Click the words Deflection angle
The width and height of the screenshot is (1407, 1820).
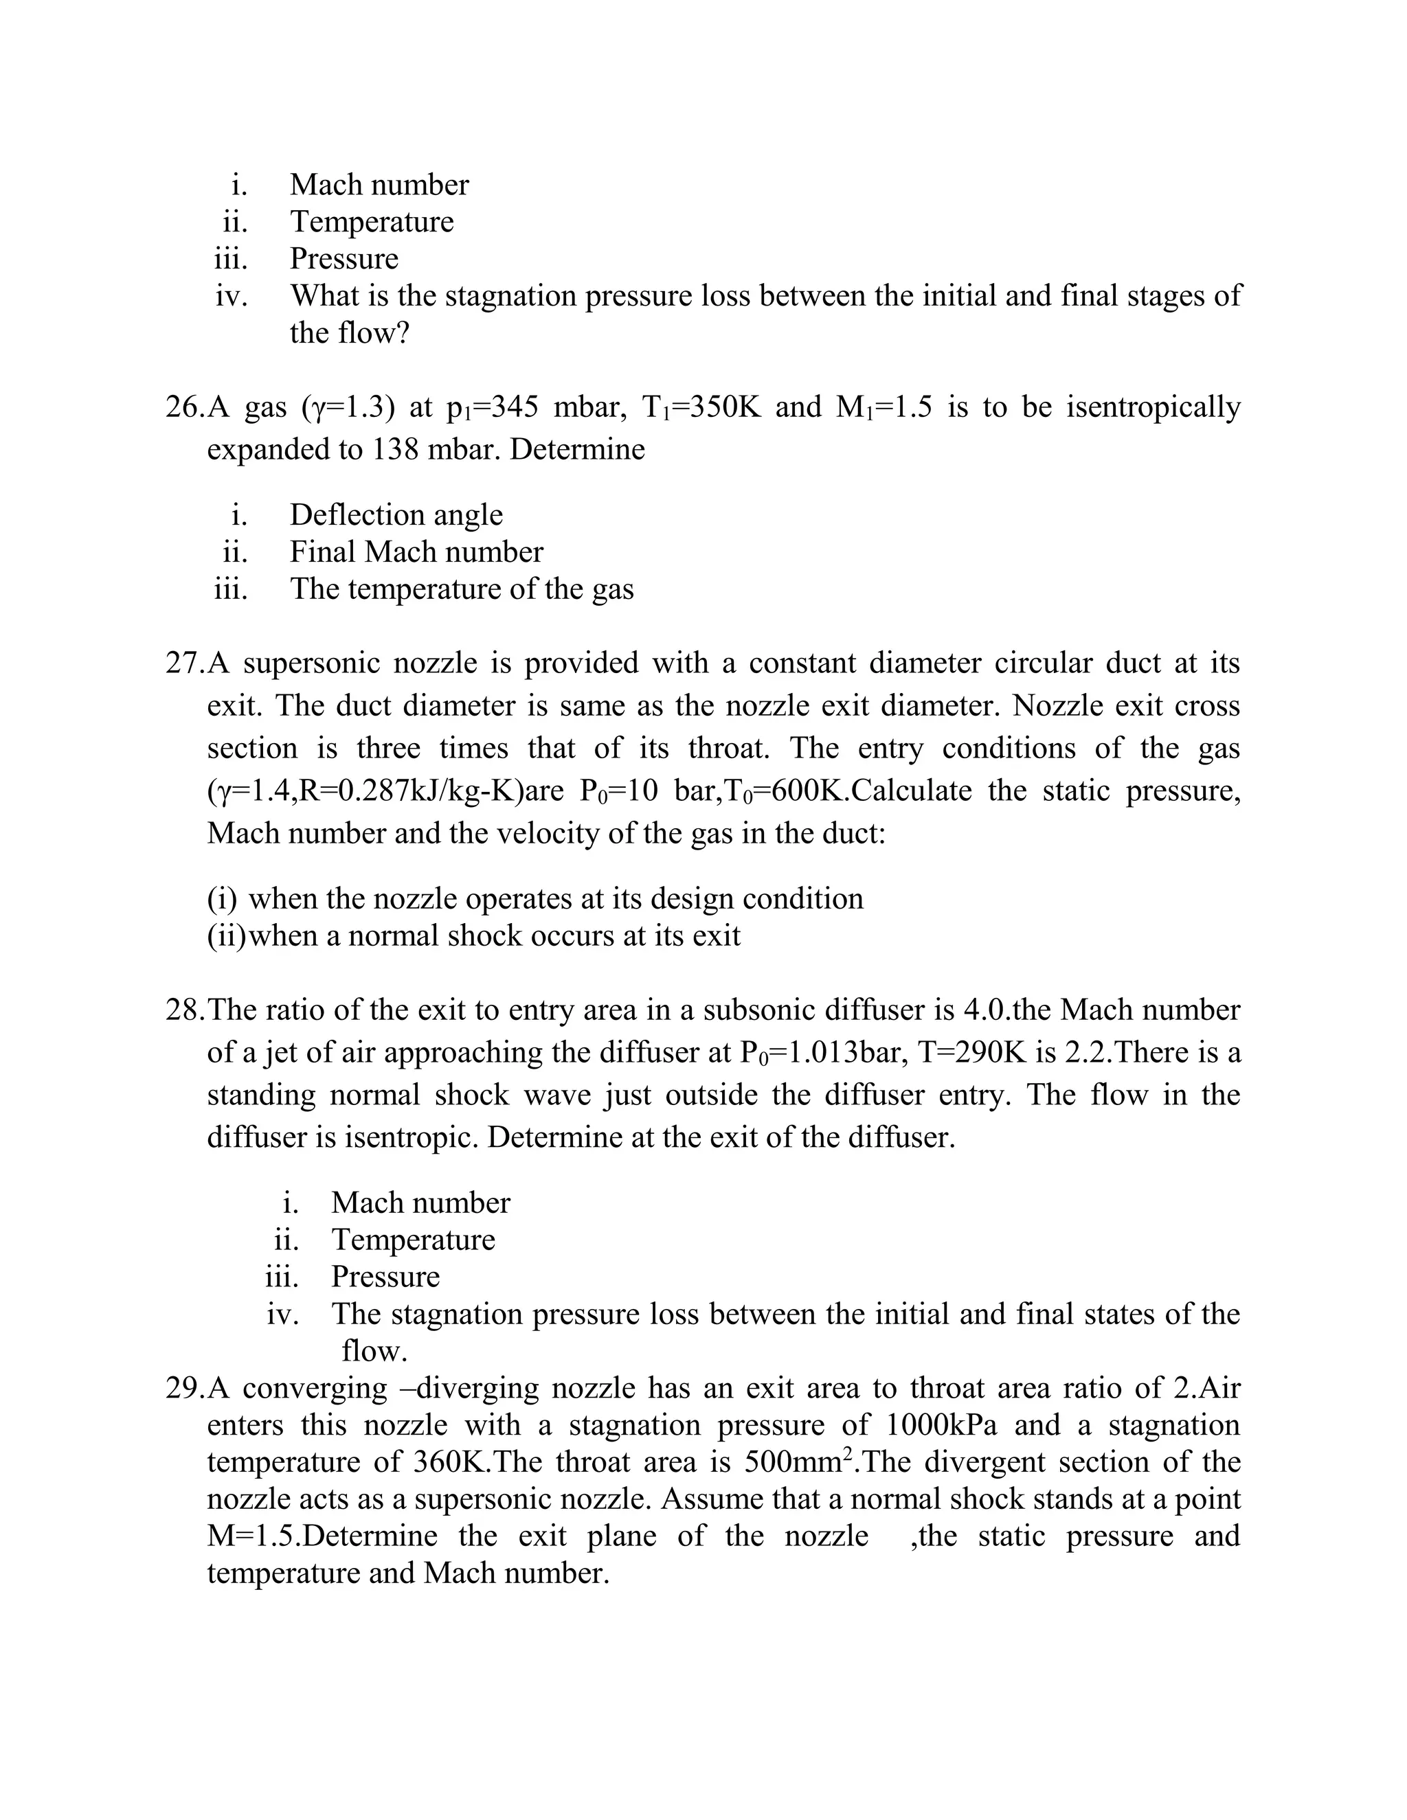click(396, 515)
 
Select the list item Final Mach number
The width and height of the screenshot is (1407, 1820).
click(416, 551)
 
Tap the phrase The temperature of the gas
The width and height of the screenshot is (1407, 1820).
click(461, 589)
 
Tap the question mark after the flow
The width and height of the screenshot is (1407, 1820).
click(402, 333)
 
